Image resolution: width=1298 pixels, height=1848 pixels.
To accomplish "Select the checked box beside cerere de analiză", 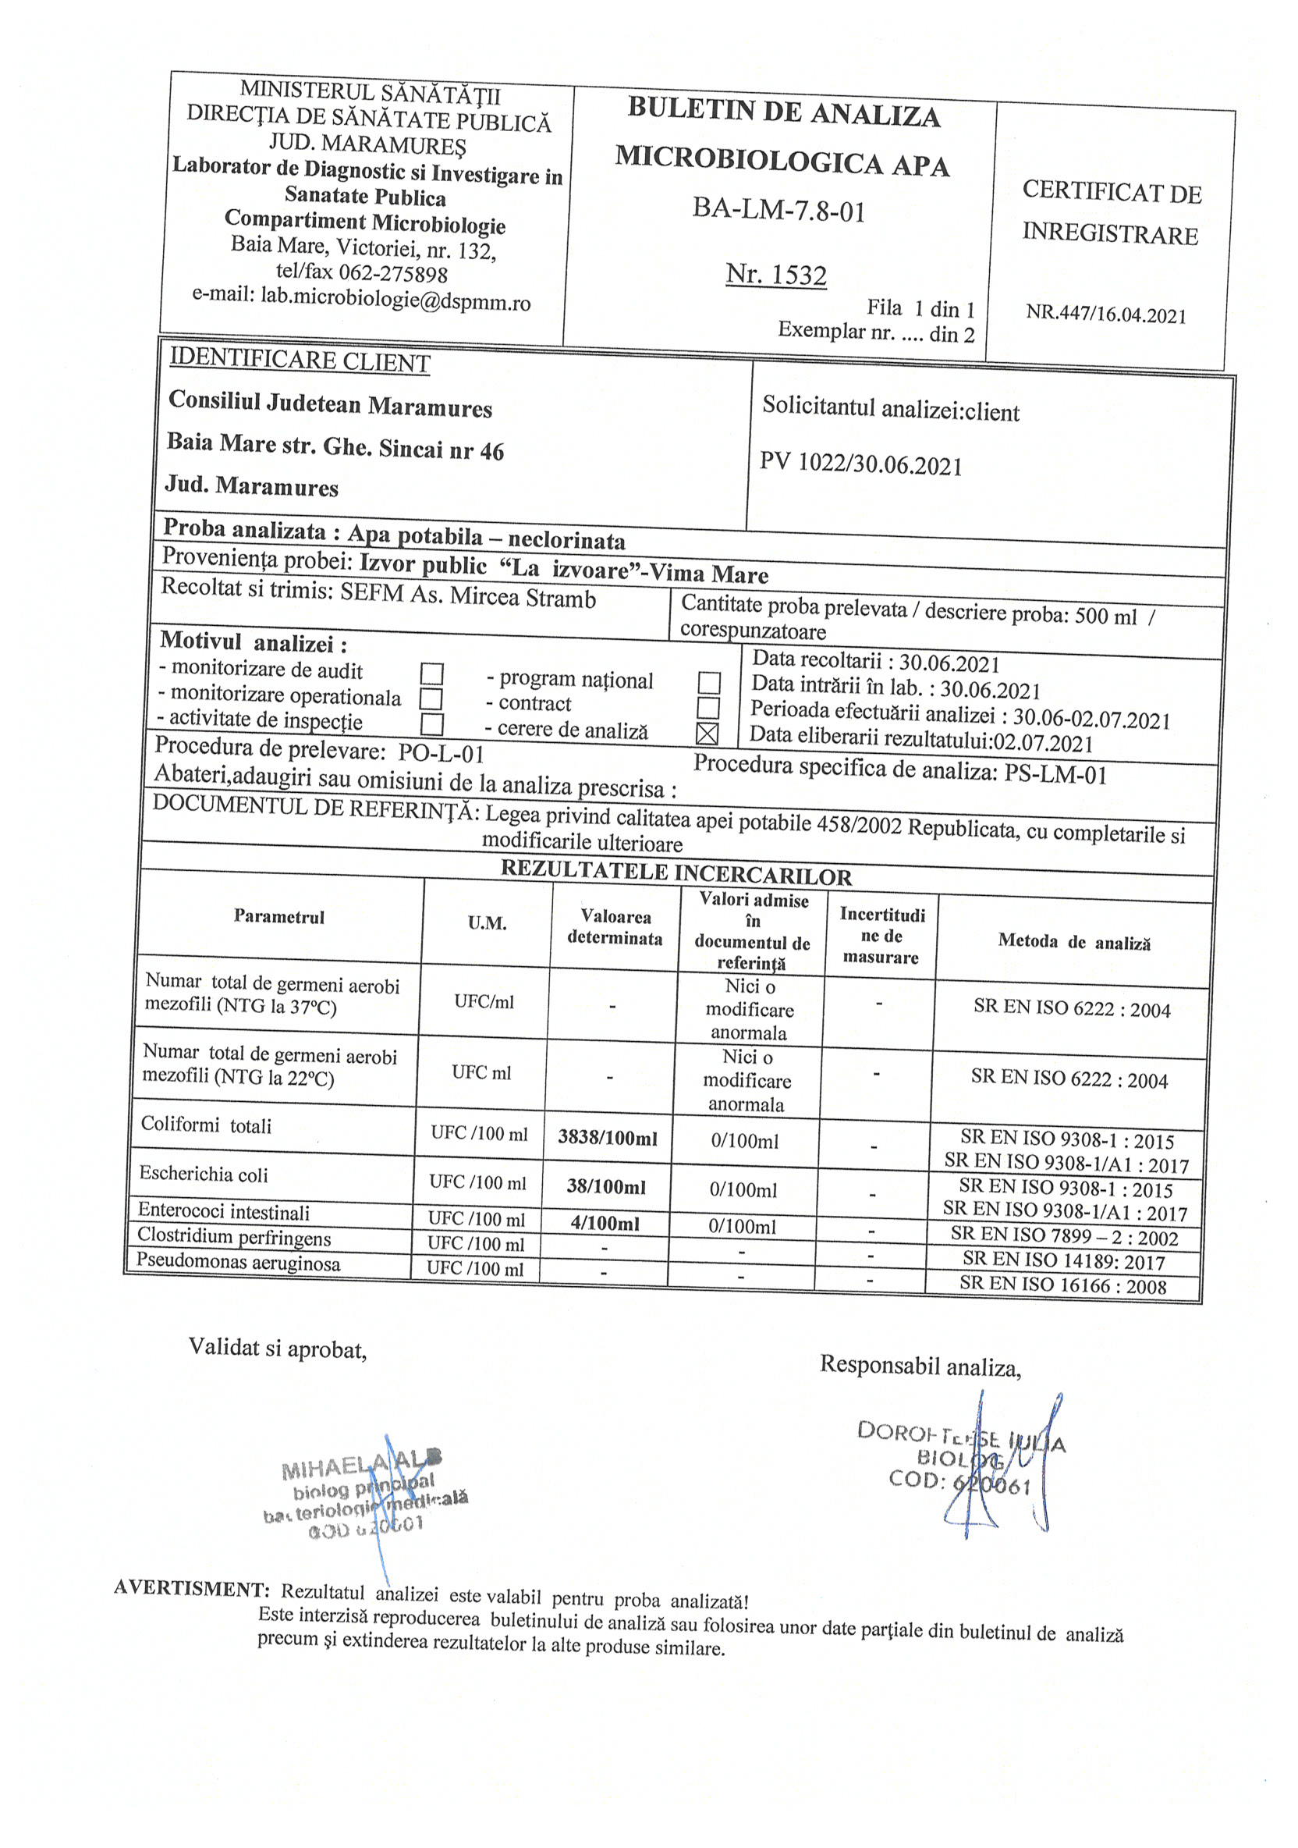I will [707, 734].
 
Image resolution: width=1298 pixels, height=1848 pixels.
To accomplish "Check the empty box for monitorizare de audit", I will [432, 673].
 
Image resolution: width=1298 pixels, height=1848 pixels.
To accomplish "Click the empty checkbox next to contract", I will [708, 708].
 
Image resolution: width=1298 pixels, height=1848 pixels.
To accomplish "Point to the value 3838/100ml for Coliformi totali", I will [608, 1138].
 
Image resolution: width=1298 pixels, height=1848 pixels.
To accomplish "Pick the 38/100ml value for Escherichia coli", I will [606, 1186].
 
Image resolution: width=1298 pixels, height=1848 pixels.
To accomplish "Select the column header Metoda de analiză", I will [1073, 942].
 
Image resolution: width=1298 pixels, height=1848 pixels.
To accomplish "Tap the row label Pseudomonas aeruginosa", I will [238, 1262].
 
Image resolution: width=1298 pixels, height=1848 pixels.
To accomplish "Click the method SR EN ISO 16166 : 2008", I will [1062, 1285].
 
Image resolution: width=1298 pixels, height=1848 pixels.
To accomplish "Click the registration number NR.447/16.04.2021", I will [1105, 314].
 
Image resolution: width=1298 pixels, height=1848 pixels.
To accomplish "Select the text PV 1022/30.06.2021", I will [860, 464].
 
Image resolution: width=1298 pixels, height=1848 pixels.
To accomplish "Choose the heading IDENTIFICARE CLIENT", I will [300, 361].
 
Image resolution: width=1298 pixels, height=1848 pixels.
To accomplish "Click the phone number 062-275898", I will [392, 273].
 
